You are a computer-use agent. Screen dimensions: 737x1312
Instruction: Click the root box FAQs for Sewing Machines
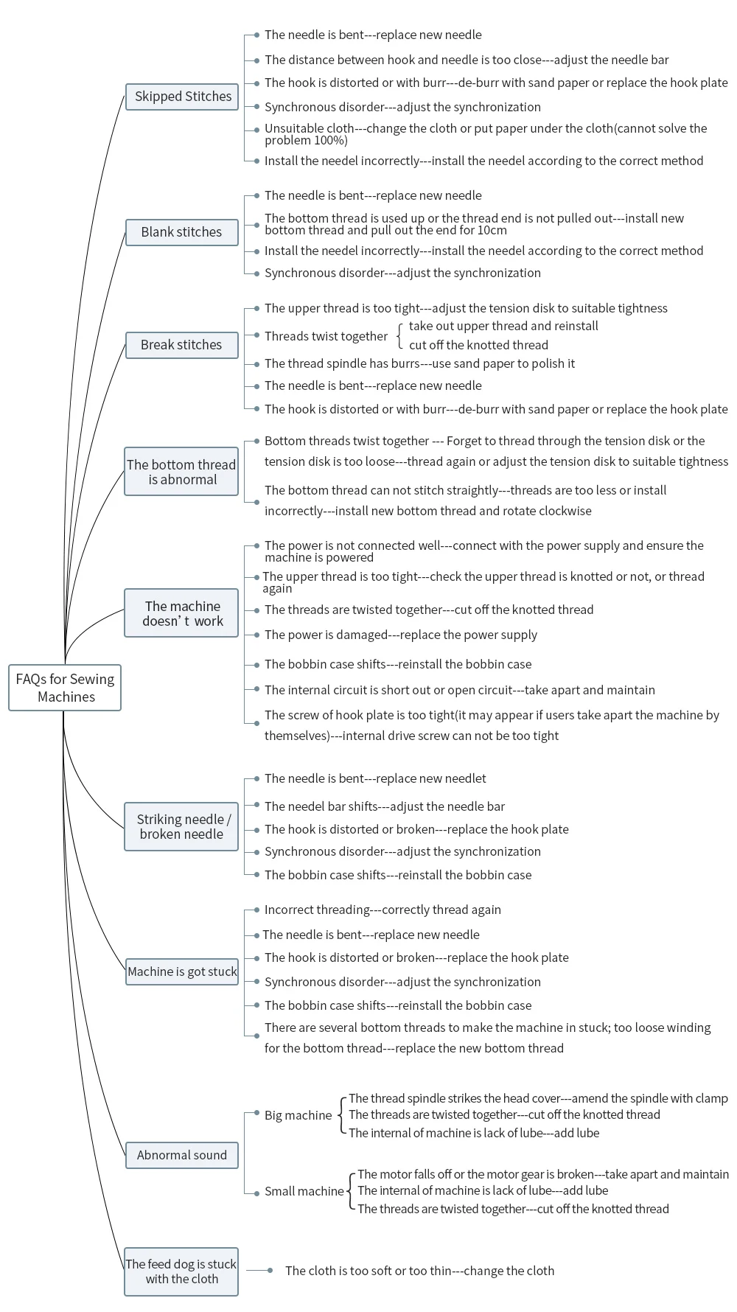tap(65, 688)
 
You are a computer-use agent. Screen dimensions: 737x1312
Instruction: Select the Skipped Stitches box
tap(182, 97)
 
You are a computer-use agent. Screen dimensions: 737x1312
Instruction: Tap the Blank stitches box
tap(182, 232)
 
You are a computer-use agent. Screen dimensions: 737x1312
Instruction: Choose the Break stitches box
tap(182, 345)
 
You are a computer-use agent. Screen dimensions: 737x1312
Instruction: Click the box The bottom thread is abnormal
tap(181, 472)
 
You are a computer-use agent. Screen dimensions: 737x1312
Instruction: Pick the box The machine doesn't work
tap(181, 613)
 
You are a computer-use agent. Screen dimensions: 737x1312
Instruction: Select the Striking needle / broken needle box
tap(181, 827)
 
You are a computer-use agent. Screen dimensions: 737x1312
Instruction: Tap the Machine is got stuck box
tap(182, 971)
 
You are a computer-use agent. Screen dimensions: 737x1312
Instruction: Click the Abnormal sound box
tap(182, 1155)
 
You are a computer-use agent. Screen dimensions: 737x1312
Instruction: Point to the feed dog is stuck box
tap(181, 1271)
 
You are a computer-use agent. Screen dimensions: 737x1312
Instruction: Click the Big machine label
tap(298, 1115)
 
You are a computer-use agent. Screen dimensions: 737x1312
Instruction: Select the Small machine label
tap(304, 1191)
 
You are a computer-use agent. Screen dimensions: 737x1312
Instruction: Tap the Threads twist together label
tap(326, 336)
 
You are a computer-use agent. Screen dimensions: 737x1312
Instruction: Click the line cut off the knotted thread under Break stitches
tap(478, 345)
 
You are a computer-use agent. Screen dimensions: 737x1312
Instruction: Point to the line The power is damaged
tap(401, 635)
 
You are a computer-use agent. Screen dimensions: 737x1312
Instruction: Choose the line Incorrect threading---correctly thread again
tap(383, 910)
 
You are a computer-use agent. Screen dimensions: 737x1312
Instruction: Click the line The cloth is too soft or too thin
tap(419, 1271)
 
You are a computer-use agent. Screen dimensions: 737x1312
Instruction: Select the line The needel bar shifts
tap(385, 806)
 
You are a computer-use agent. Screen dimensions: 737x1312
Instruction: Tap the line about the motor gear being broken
tap(543, 1174)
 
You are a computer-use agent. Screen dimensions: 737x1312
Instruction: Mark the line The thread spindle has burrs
tap(419, 363)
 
